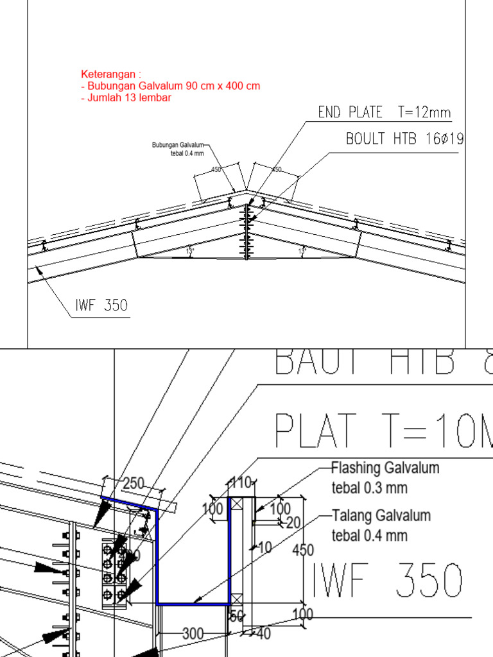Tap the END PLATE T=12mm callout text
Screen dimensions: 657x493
(385, 113)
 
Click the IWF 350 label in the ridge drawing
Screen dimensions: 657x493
(101, 306)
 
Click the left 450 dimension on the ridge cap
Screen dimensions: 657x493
(216, 169)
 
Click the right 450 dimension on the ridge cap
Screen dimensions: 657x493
(276, 169)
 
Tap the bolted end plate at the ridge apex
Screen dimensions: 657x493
(246, 231)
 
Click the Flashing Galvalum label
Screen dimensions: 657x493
(385, 468)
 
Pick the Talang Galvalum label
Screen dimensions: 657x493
(381, 515)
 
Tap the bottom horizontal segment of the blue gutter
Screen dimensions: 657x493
(193, 604)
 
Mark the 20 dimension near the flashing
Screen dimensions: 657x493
(293, 523)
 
